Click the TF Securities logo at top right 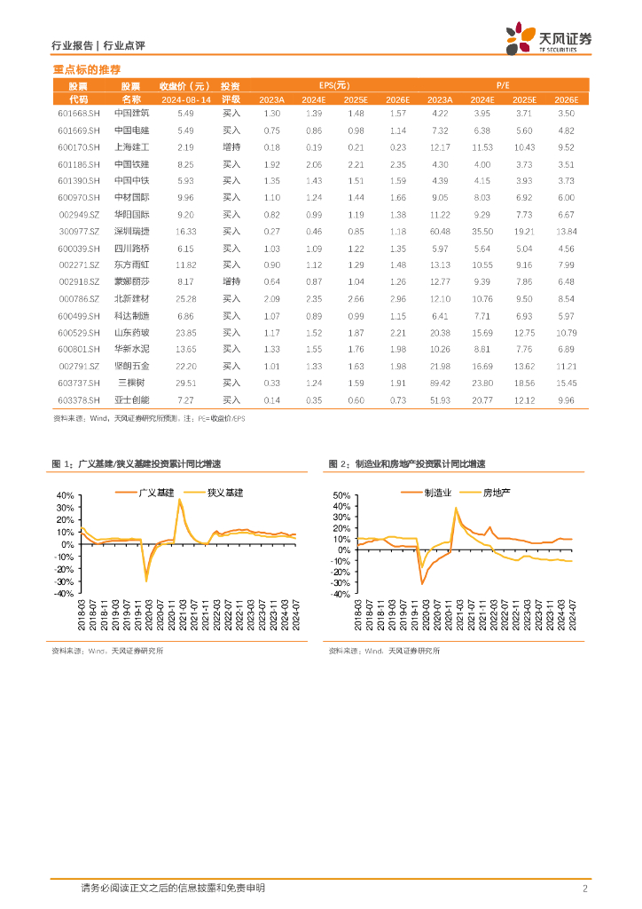(x=549, y=38)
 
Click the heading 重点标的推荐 (x=87, y=69)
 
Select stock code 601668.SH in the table (x=78, y=114)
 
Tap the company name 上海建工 (x=132, y=147)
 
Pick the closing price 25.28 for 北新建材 (x=185, y=299)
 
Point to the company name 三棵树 (x=132, y=383)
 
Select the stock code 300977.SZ (x=78, y=231)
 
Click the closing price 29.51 (x=185, y=383)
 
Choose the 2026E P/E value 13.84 (x=565, y=231)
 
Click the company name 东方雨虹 (x=132, y=265)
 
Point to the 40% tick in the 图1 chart (x=63, y=495)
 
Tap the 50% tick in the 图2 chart (x=341, y=494)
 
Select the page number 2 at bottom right (x=585, y=889)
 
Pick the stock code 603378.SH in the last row (x=78, y=399)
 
